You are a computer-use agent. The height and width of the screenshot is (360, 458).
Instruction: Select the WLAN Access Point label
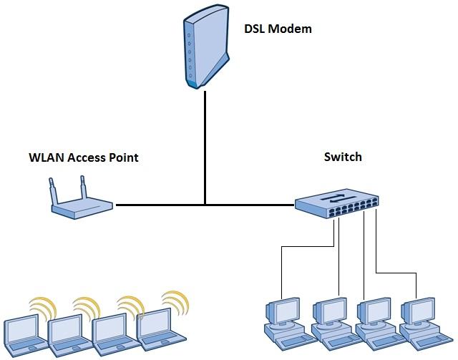(x=83, y=157)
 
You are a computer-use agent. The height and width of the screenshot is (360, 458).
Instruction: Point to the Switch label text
(x=343, y=157)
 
